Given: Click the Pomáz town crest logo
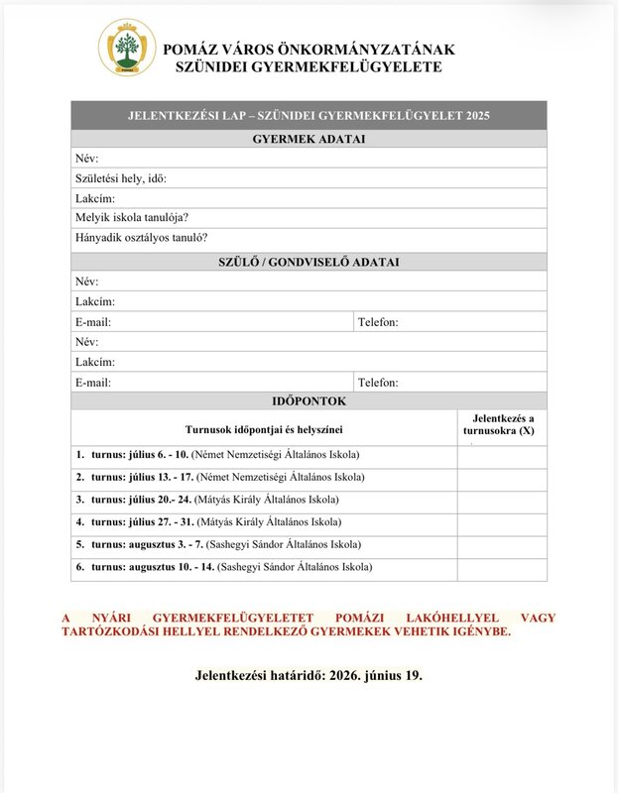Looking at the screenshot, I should (126, 47).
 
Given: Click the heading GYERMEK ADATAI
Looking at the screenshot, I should (309, 139).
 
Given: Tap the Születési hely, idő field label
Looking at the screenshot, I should (121, 178).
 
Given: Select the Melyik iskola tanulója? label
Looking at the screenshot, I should (132, 218).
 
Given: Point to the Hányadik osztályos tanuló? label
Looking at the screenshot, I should (141, 238).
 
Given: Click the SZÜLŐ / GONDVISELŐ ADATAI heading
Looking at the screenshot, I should (309, 262).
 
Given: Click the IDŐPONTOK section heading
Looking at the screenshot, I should (309, 401).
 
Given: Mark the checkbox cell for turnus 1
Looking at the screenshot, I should (502, 456).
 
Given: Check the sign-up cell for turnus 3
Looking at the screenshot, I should (502, 501).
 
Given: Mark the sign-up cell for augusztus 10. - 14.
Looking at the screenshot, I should (502, 568).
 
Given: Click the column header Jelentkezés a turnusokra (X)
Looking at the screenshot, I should (502, 425).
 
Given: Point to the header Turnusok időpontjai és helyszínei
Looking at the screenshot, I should (264, 429).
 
